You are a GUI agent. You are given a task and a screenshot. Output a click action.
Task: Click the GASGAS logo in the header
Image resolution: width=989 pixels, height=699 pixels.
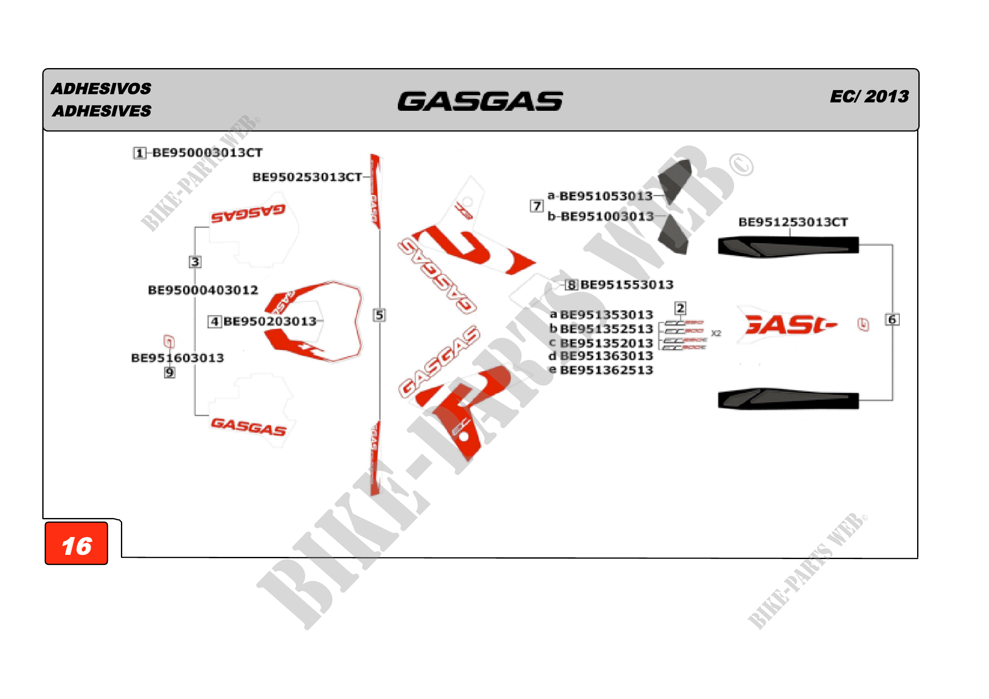click(480, 101)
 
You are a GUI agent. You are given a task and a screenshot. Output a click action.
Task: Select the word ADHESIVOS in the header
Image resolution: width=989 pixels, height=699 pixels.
click(101, 89)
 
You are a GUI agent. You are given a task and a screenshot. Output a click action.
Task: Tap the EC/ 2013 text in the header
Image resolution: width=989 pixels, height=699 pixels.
click(869, 96)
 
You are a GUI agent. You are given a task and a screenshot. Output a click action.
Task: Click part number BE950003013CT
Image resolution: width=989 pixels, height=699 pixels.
click(207, 153)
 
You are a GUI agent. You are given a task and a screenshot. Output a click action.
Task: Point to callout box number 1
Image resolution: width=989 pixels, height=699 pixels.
click(139, 153)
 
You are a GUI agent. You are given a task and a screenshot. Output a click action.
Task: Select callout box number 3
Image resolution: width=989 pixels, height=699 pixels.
click(195, 262)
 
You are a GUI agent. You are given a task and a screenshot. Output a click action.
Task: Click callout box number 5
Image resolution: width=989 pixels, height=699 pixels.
click(379, 315)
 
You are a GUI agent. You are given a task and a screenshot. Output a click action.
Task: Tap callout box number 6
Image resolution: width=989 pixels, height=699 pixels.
click(892, 320)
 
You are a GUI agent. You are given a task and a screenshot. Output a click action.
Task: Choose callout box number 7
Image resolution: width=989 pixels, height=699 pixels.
click(536, 206)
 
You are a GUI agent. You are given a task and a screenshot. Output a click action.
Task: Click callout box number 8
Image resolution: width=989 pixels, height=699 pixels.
click(571, 285)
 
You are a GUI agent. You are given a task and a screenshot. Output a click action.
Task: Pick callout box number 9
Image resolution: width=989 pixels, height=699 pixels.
click(170, 373)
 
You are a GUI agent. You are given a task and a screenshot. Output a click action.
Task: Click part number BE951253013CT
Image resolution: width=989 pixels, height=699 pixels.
click(793, 222)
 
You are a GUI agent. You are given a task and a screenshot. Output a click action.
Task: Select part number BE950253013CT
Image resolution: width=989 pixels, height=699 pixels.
click(307, 177)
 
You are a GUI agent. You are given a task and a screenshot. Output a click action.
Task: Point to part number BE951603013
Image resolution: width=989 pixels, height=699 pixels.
click(178, 358)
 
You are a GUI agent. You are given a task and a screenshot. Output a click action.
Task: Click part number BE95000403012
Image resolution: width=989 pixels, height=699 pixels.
click(203, 290)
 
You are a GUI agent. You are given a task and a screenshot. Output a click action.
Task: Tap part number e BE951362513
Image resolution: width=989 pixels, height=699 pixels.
click(601, 370)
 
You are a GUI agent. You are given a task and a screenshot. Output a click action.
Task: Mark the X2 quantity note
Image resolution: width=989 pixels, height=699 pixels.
click(716, 333)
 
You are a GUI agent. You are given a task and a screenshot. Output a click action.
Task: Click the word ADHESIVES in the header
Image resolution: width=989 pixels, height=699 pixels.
click(101, 111)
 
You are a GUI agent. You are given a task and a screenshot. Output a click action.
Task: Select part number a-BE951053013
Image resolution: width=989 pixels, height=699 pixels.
click(600, 196)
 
